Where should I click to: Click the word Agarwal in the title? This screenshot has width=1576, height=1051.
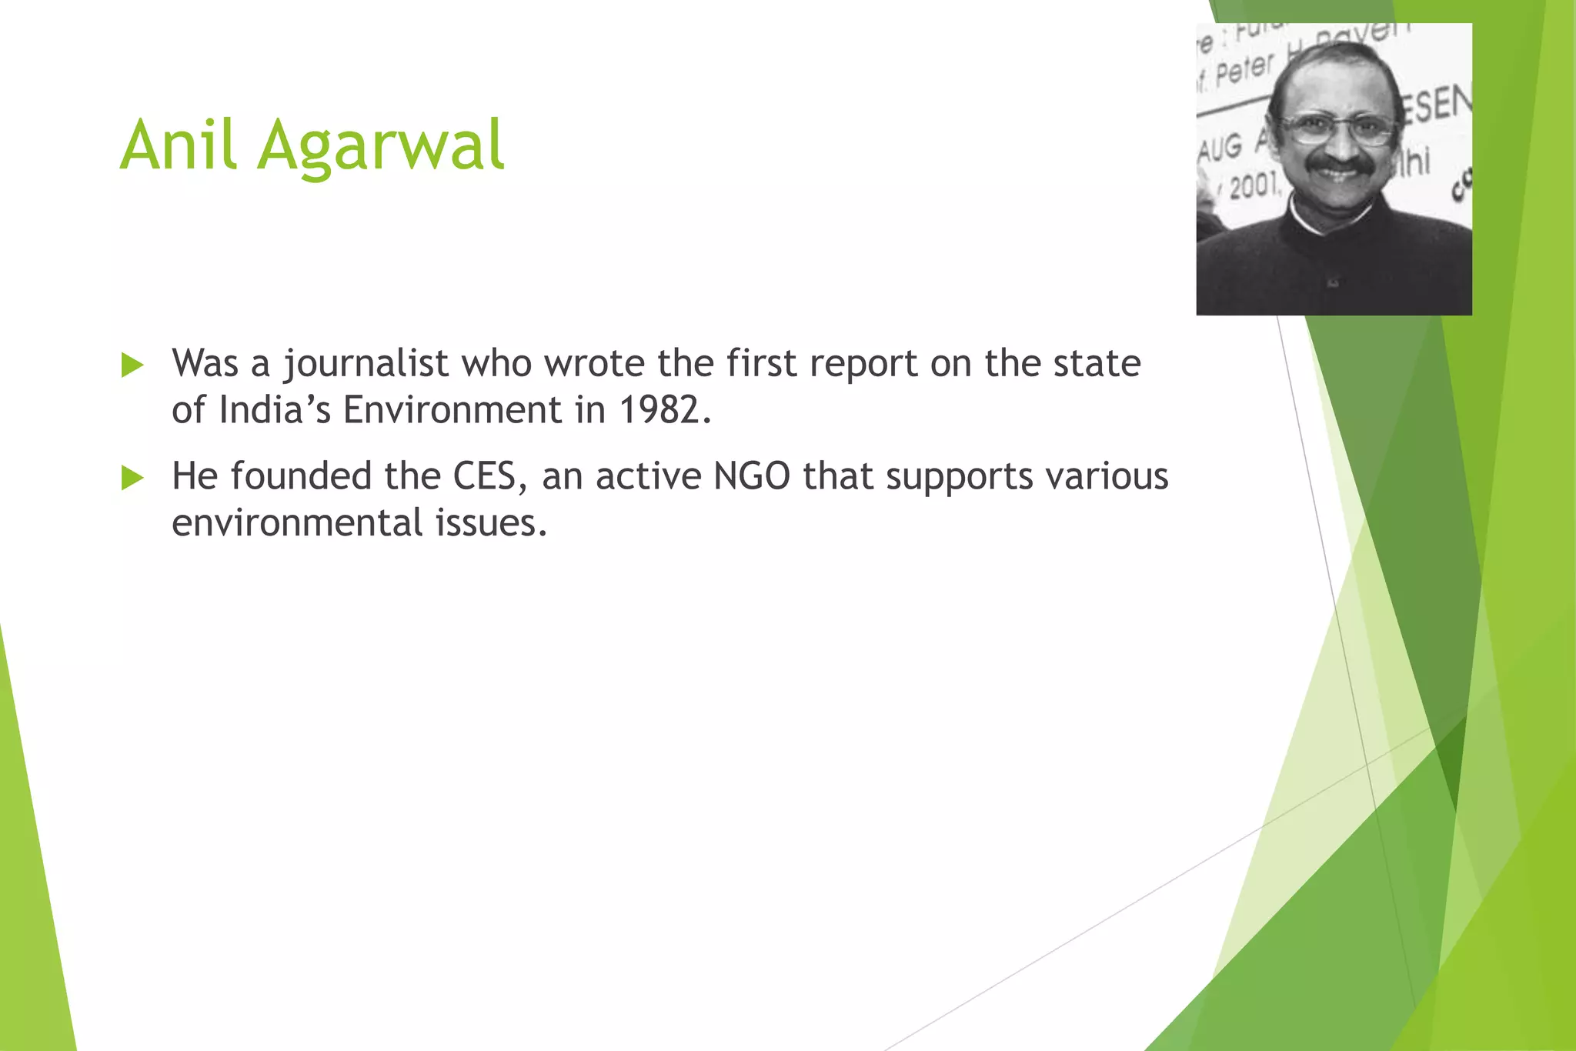[x=381, y=148]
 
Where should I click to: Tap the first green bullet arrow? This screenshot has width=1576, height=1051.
[x=132, y=365]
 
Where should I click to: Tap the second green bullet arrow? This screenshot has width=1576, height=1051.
[x=132, y=479]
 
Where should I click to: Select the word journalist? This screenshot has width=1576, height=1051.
[x=366, y=365]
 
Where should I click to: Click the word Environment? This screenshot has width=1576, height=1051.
[x=452, y=409]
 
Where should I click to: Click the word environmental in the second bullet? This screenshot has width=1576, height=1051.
[x=297, y=522]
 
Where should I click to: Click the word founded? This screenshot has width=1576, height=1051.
[x=301, y=476]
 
